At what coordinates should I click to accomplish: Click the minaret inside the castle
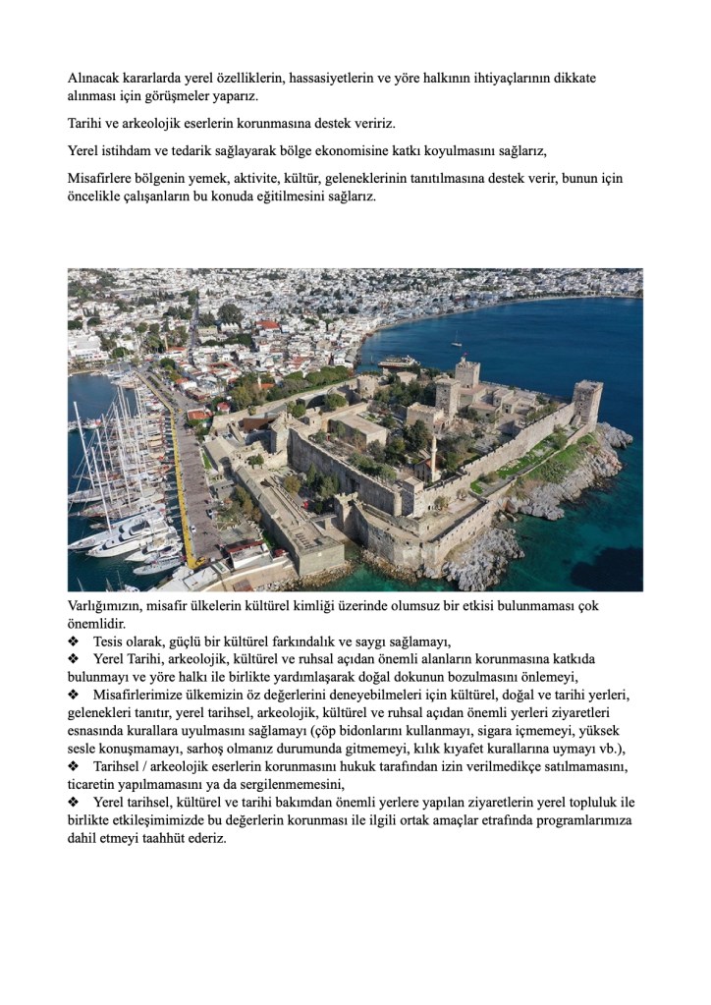tap(433, 455)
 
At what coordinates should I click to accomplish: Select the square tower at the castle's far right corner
tap(587, 402)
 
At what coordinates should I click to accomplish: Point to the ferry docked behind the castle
tap(399, 362)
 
